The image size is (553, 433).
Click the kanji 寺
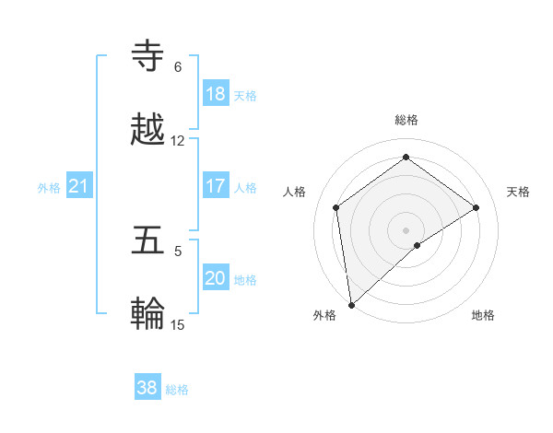pyautogui.click(x=149, y=56)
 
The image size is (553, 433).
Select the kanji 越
pyautogui.click(x=149, y=129)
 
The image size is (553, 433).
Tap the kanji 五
pyautogui.click(x=149, y=240)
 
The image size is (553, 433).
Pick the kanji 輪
pyautogui.click(x=149, y=314)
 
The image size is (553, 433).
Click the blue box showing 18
pyautogui.click(x=216, y=94)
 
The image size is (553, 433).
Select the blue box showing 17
pyautogui.click(x=216, y=186)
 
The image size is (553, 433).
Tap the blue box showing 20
pyautogui.click(x=216, y=278)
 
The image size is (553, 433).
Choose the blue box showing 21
pyautogui.click(x=79, y=187)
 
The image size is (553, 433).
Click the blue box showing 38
pyautogui.click(x=147, y=388)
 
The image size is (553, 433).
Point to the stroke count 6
pyautogui.click(x=178, y=67)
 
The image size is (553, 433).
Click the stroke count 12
pyautogui.click(x=178, y=141)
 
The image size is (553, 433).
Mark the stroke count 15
pyautogui.click(x=178, y=324)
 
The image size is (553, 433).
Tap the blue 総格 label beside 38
pyautogui.click(x=177, y=390)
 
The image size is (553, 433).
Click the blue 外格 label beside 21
pyautogui.click(x=49, y=188)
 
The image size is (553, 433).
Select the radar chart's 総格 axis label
pyautogui.click(x=406, y=120)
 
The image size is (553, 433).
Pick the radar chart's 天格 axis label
pyautogui.click(x=518, y=192)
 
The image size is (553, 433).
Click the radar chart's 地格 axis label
pyautogui.click(x=483, y=315)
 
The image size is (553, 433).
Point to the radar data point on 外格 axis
pyautogui.click(x=351, y=304)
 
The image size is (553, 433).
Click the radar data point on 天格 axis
pyautogui.click(x=477, y=207)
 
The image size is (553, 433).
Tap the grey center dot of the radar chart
pyautogui.click(x=406, y=229)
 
